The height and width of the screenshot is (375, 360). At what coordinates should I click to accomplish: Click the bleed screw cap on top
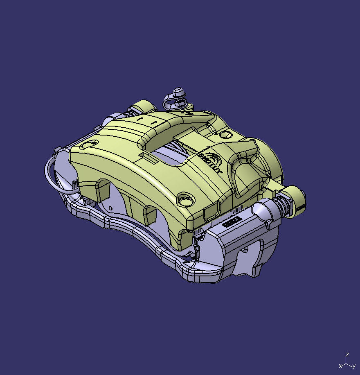(178, 92)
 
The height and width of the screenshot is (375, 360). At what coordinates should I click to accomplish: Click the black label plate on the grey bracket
(231, 222)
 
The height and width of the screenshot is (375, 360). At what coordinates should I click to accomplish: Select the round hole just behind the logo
(225, 135)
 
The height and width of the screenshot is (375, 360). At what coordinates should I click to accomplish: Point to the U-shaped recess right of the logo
(245, 174)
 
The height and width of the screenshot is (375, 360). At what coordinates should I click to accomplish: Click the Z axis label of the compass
(347, 355)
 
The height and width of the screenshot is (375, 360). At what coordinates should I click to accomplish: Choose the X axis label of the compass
(340, 366)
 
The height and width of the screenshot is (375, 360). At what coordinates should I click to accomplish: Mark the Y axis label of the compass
(353, 366)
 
